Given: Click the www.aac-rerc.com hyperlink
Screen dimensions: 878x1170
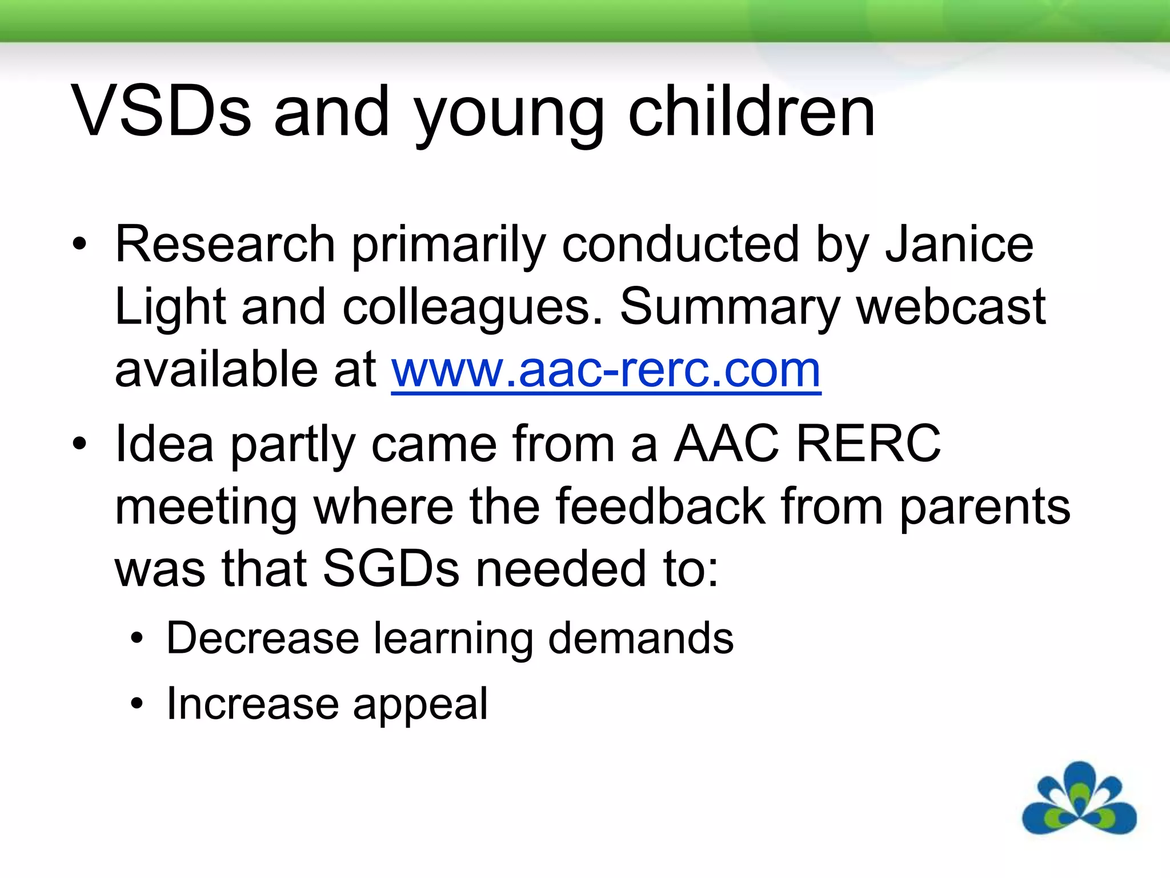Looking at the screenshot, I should coord(606,370).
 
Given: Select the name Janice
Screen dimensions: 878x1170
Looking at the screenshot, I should coord(959,245).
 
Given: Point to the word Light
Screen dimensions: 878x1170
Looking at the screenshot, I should coord(170,308).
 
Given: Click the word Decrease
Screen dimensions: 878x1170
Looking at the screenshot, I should coord(262,638).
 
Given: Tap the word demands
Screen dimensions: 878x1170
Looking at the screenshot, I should coord(640,638).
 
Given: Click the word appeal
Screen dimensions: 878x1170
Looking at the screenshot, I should coord(420,704).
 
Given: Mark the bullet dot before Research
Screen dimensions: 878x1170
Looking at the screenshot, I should coord(79,245).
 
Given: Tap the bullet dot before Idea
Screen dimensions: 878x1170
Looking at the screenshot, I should coord(79,444).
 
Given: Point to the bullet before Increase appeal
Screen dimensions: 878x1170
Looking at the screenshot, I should coord(136,704).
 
